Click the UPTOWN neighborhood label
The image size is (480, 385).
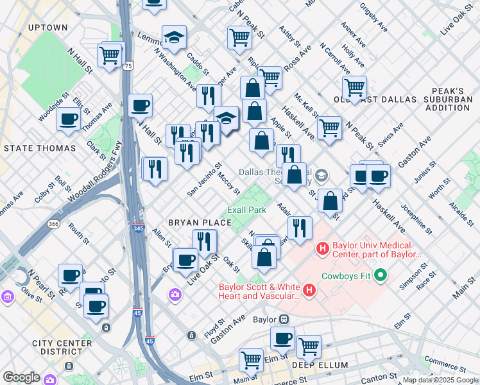coord(48,28)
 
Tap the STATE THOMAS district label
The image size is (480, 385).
coord(40,148)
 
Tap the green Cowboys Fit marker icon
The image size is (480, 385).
coord(380,275)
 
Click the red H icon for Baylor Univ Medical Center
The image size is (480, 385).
coord(322,247)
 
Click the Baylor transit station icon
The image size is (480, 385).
coord(282,319)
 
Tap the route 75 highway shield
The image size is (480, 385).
coord(130,66)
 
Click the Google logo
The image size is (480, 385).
coord(21,377)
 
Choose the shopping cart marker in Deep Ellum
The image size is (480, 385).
coord(309,346)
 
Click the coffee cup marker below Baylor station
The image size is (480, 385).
coord(282,338)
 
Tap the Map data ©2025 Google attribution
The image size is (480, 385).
coord(440,380)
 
